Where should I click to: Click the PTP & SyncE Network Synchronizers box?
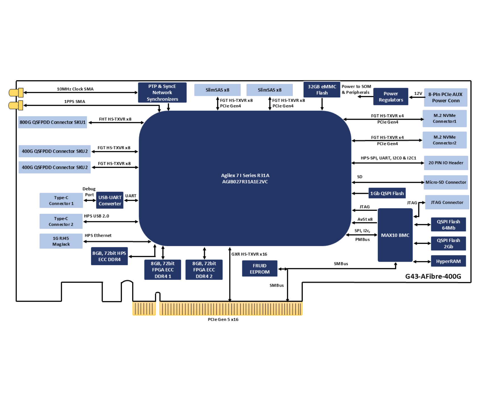pos(162,93)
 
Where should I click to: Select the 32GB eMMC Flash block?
pos(322,90)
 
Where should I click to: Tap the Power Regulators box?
pos(390,97)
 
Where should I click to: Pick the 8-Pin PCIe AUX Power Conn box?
pos(445,97)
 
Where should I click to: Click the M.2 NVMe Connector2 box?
pos(444,140)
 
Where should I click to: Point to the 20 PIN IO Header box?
pos(446,163)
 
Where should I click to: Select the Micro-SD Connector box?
pos(446,182)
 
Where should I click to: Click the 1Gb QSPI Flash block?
pos(387,193)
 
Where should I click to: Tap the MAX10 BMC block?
pos(395,235)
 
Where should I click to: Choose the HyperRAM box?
pos(448,261)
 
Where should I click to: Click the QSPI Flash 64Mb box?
pos(448,225)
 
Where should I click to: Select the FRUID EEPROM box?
pos(260,268)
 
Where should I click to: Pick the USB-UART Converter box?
pos(110,200)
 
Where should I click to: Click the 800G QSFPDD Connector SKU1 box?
pos(53,122)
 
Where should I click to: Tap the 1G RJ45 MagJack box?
pos(61,241)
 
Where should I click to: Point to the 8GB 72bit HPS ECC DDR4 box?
pos(109,256)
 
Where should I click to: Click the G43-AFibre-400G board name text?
pos(433,276)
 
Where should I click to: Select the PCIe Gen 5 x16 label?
pos(223,320)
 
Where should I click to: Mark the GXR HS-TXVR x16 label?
pos(249,254)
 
